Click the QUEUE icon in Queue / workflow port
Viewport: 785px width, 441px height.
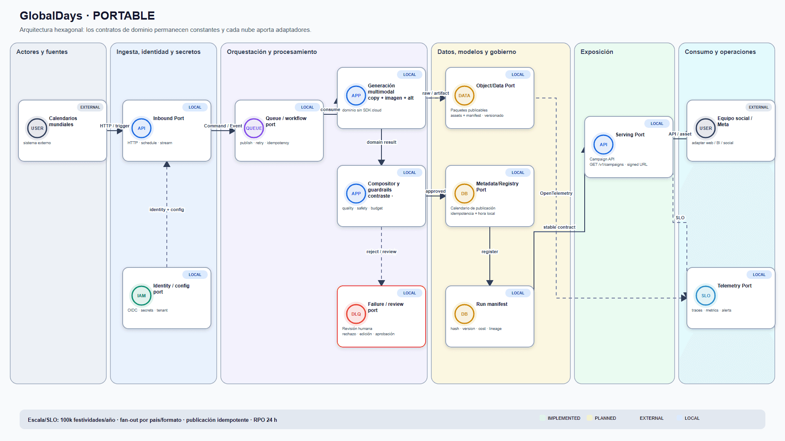pos(254,128)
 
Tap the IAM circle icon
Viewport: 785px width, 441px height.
pos(141,296)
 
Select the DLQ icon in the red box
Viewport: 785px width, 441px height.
pos(356,314)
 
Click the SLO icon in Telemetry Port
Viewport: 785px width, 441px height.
pos(706,296)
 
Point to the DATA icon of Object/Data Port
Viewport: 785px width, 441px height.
pos(464,96)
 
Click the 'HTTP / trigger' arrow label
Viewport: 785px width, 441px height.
pos(115,126)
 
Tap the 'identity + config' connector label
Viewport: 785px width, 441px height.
pos(167,209)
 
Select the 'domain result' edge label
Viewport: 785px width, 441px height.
pos(381,142)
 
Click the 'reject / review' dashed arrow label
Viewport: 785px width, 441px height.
pos(381,252)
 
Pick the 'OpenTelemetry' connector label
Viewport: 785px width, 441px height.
pos(556,193)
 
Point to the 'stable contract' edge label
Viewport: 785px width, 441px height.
pos(559,227)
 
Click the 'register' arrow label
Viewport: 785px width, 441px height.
pos(490,252)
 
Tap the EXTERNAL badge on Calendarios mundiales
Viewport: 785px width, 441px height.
pos(90,107)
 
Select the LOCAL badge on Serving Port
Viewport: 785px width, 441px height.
pos(657,124)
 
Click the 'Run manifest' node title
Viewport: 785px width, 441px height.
pos(492,304)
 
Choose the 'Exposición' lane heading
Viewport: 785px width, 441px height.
pos(597,52)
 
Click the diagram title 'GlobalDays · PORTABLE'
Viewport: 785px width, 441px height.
pos(87,16)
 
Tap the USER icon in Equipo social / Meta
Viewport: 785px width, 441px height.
pos(706,128)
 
